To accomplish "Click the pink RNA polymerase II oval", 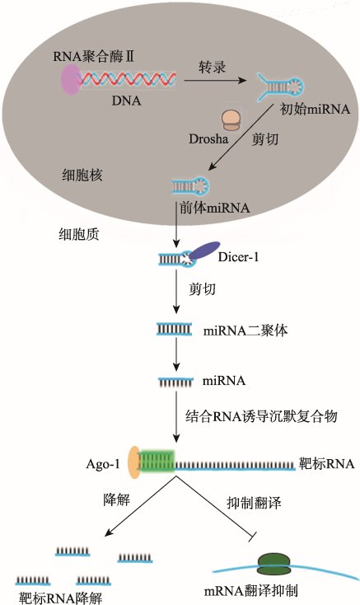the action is coord(71,79).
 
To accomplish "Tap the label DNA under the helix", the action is coord(126,101).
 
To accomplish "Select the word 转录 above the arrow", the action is coord(212,67).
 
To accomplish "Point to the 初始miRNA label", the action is coord(315,109).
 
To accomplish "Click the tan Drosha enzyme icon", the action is coord(231,120).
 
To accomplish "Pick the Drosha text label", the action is coord(208,139).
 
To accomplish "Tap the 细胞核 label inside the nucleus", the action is coord(82,176).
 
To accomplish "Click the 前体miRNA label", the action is coord(215,208).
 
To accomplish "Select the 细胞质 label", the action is coord(78,234).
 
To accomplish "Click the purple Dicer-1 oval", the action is coord(204,251).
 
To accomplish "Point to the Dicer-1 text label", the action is coord(238,257).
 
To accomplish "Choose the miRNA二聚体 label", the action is coord(245,331).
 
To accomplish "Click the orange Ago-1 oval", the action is coord(133,462).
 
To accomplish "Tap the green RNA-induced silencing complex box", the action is coord(157,462).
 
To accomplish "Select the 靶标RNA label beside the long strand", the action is coord(326,463).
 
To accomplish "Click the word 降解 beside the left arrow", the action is coord(116,499).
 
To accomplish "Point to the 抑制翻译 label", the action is coord(254,503).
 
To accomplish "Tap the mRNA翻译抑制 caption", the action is coord(251,591).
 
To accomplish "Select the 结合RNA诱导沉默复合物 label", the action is coord(261,416).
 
